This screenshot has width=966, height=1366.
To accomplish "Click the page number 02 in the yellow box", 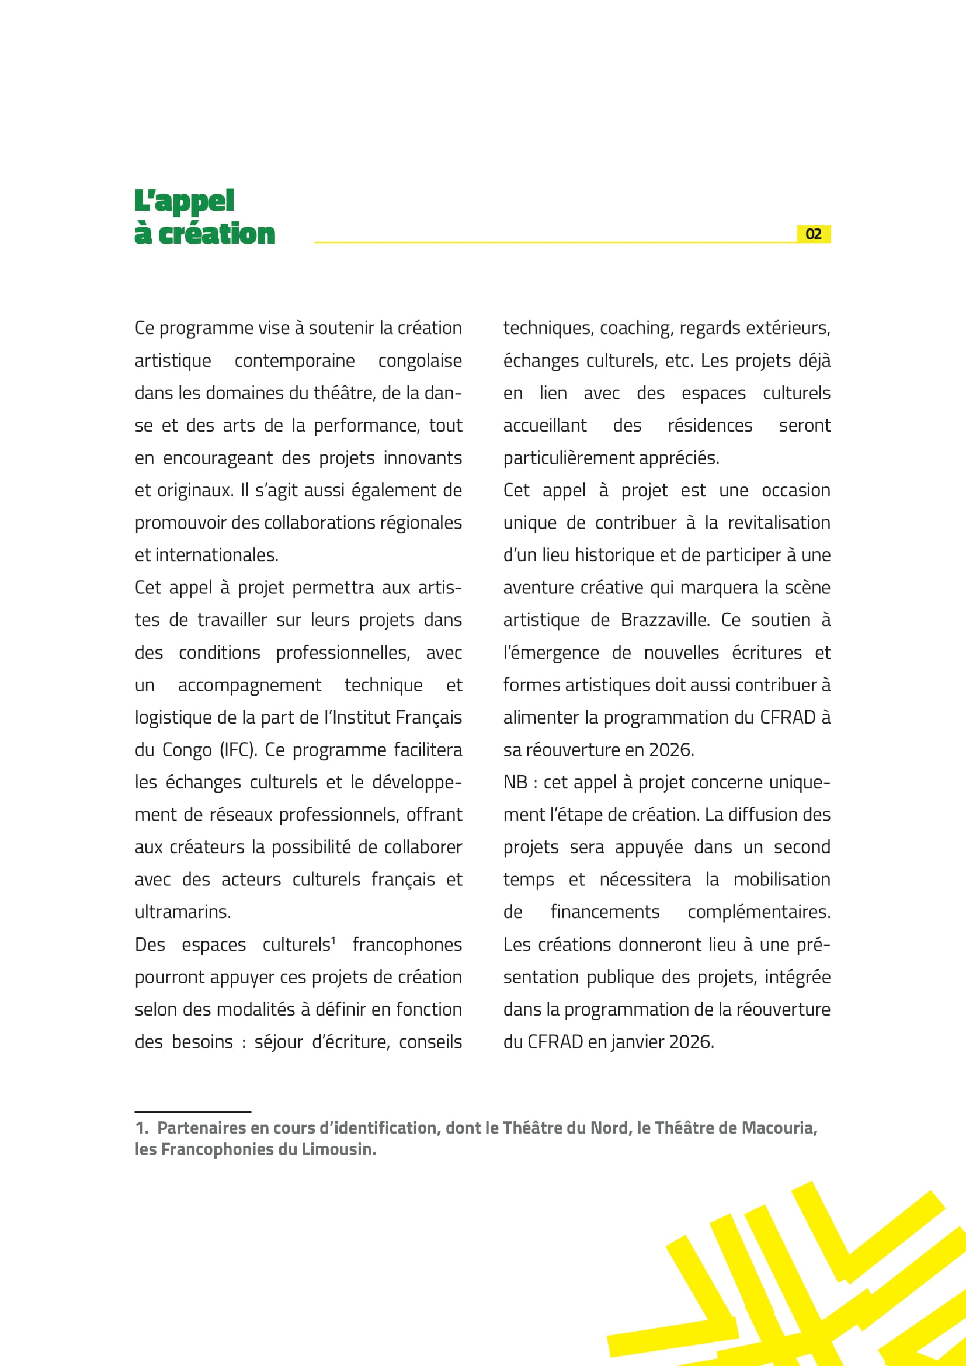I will coord(813,234).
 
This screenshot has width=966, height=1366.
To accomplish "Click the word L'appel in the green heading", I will coord(184,201).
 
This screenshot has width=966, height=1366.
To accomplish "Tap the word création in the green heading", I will coord(217,234).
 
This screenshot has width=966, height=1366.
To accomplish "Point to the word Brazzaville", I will coord(665,620).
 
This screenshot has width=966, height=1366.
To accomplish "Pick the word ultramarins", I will coord(183,912).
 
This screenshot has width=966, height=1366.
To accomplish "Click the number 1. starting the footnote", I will coord(141,1128).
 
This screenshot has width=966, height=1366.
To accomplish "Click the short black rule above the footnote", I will coord(193,1111).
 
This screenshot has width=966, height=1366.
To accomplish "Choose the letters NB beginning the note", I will coord(515,783).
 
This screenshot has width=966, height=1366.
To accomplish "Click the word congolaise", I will coord(420,360).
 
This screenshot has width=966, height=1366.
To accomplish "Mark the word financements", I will coord(605,912).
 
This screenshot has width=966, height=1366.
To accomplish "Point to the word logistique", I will coord(172,718).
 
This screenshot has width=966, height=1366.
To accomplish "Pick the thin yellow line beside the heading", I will coord(553,242).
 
